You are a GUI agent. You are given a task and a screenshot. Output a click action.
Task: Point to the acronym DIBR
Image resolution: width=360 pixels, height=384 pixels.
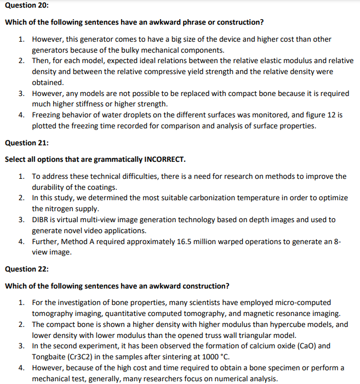[42, 220]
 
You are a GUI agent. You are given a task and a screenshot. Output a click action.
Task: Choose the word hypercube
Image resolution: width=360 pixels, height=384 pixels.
[280, 324]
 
